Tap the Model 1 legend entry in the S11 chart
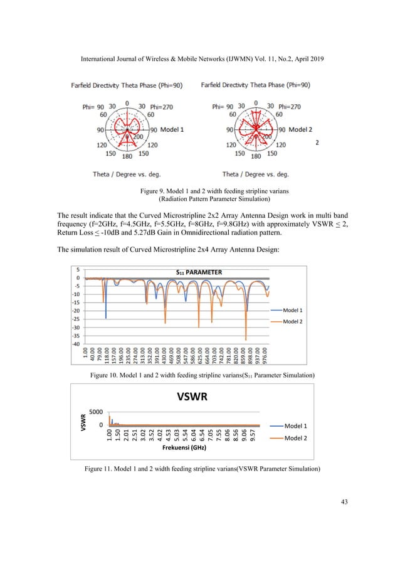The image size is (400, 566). coord(293,310)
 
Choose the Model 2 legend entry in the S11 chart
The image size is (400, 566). coord(293,321)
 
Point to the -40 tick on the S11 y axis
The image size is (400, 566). coord(76,344)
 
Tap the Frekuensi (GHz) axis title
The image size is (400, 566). coord(182,448)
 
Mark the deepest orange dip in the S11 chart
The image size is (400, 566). coord(246,339)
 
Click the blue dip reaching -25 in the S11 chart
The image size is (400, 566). coord(105,318)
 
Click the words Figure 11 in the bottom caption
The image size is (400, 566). coord(98,467)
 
